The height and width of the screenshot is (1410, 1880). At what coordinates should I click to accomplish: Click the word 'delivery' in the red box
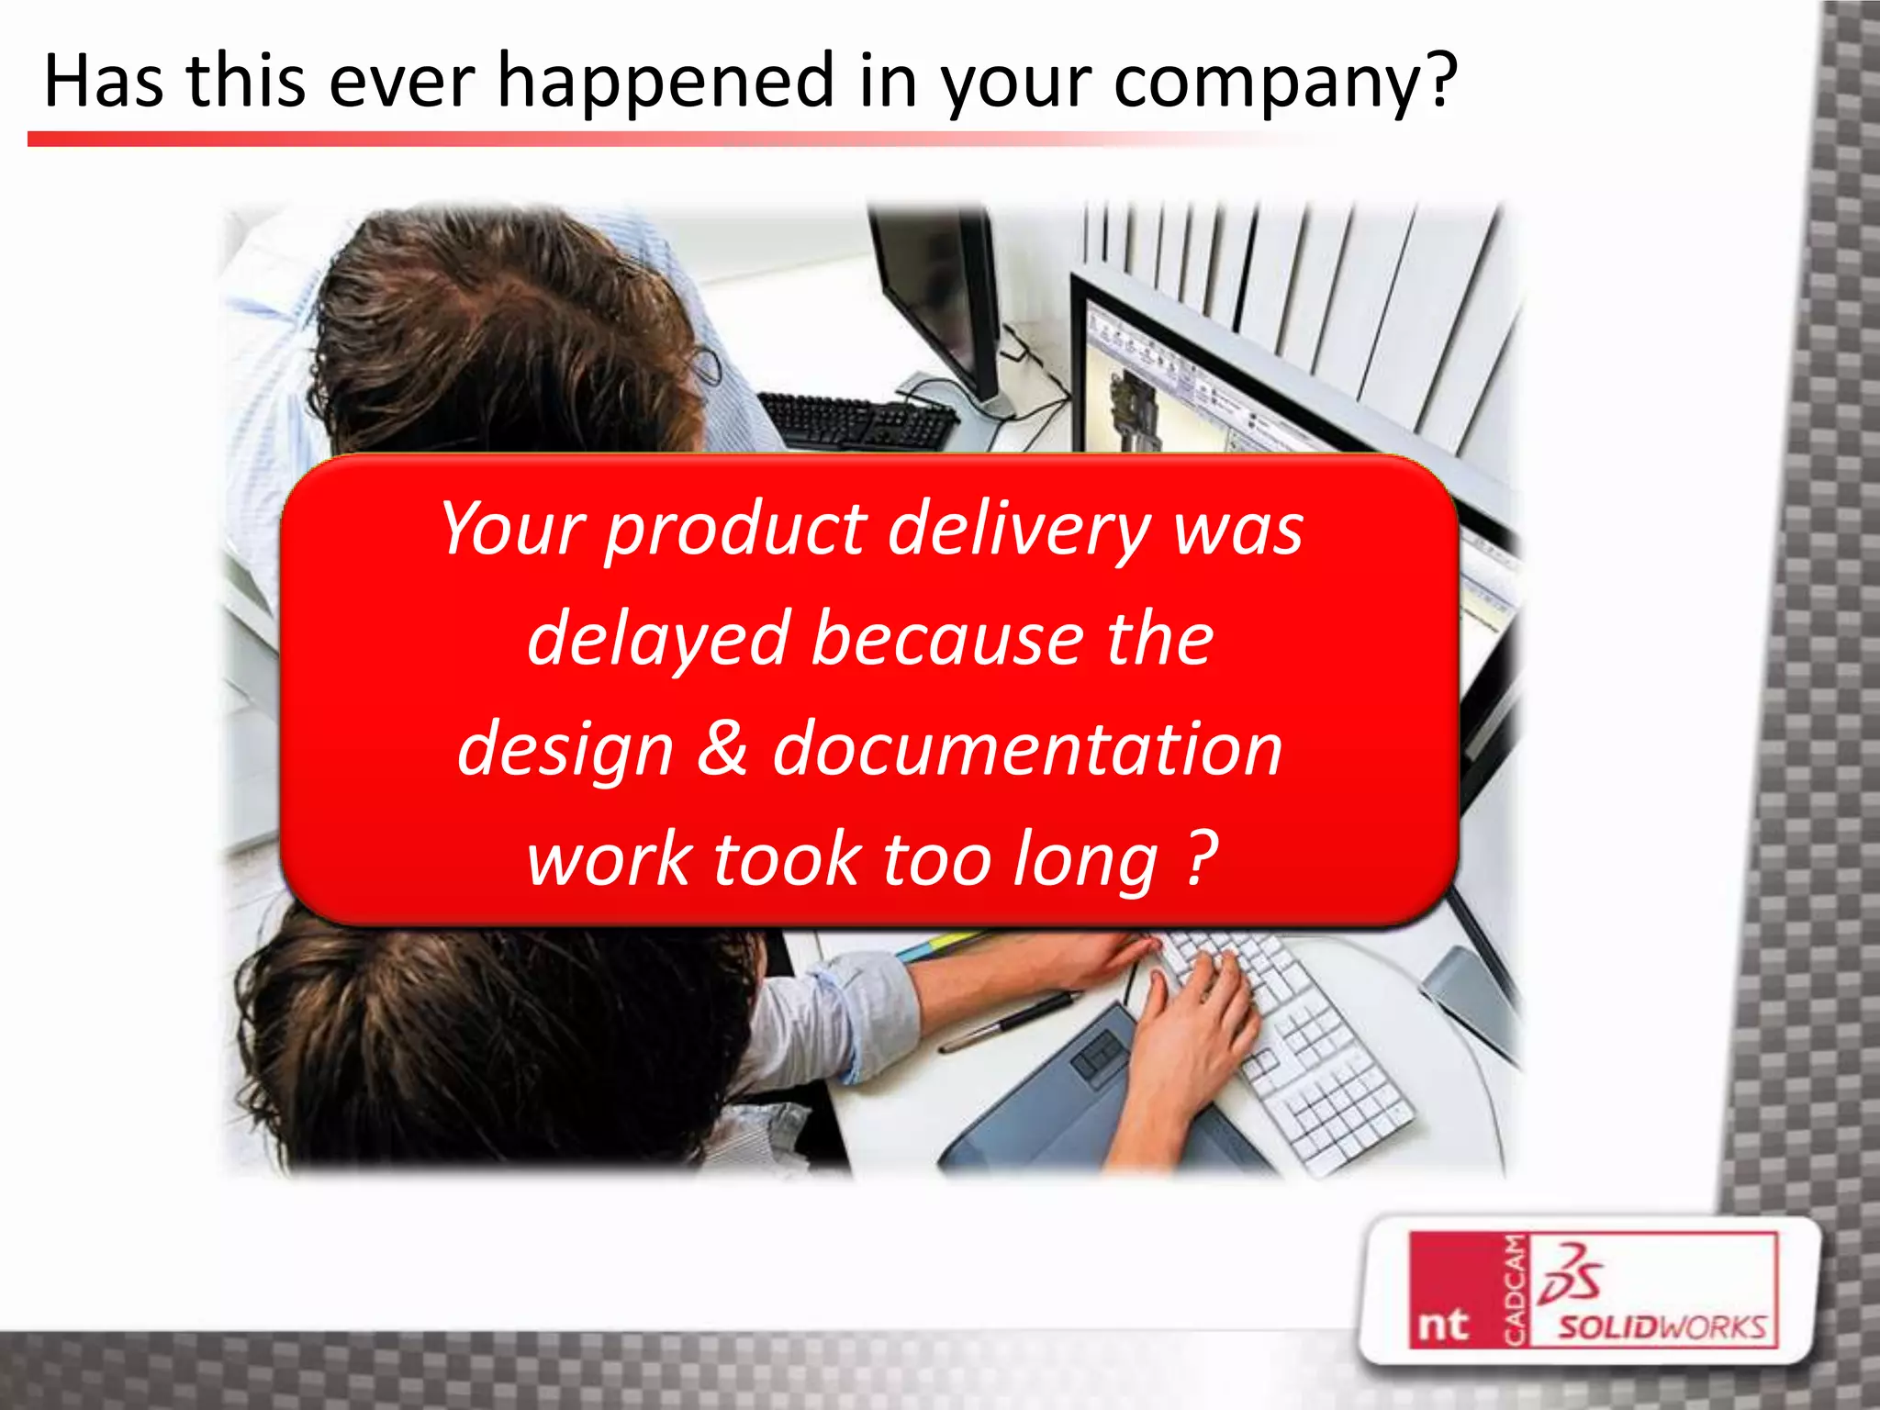[1019, 531]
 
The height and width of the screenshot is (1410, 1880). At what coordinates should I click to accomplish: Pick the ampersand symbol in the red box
[722, 747]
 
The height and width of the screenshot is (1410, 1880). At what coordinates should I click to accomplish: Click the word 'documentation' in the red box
[1027, 749]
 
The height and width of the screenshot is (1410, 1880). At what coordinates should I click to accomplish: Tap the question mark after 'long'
[1202, 857]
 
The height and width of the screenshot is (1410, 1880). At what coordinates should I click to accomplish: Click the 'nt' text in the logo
[1442, 1325]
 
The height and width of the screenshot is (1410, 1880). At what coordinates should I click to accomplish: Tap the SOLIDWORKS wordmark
[1662, 1327]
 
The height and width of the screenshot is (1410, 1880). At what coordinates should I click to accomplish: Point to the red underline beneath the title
[643, 140]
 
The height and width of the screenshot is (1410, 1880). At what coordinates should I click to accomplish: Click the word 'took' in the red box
[786, 859]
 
